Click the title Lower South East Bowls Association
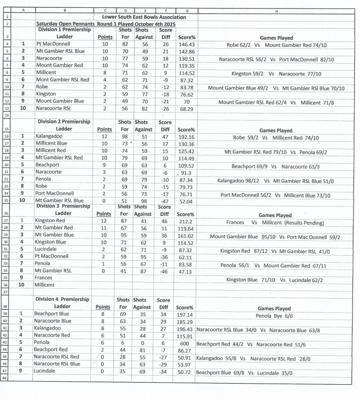coord(144,17)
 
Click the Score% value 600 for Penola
coord(185,344)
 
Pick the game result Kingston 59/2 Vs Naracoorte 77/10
coord(276,73)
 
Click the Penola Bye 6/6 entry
coord(274,316)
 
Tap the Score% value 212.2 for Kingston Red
coord(185,221)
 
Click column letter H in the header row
coord(276,11)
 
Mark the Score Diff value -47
coord(164,201)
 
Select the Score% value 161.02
coord(186,236)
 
